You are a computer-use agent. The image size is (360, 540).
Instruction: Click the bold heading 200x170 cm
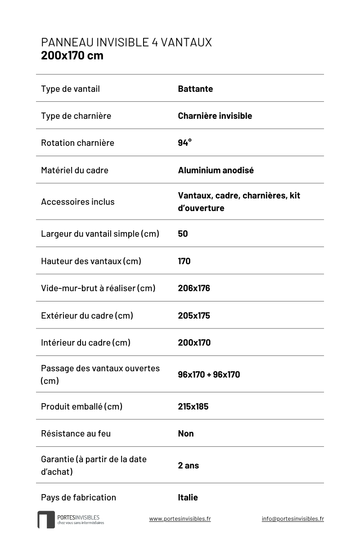pyautogui.click(x=72, y=56)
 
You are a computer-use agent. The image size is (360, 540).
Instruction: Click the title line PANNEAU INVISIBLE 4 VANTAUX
pyautogui.click(x=126, y=42)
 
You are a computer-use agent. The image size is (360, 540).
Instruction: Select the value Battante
pyautogui.click(x=195, y=89)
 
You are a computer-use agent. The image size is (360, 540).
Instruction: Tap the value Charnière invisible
pyautogui.click(x=215, y=116)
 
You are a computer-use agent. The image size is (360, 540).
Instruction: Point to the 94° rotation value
pyautogui.click(x=184, y=143)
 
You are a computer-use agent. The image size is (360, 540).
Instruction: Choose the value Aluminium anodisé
pyautogui.click(x=216, y=170)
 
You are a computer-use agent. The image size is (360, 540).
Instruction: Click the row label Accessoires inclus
pyautogui.click(x=78, y=202)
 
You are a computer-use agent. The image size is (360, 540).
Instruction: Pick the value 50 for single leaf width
pyautogui.click(x=183, y=234)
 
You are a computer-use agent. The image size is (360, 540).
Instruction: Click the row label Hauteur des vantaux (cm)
pyautogui.click(x=91, y=261)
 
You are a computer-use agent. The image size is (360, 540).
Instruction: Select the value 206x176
pyautogui.click(x=194, y=288)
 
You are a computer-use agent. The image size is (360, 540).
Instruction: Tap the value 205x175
pyautogui.click(x=194, y=315)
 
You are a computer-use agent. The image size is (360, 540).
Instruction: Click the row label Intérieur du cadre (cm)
pyautogui.click(x=85, y=342)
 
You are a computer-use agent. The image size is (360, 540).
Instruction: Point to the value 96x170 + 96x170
pyautogui.click(x=209, y=374)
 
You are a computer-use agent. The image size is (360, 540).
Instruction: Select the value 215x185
pyautogui.click(x=193, y=406)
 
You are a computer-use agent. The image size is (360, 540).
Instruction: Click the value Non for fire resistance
pyautogui.click(x=186, y=433)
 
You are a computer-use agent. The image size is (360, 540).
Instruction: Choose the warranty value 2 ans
pyautogui.click(x=188, y=465)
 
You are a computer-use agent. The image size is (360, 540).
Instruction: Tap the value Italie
pyautogui.click(x=188, y=497)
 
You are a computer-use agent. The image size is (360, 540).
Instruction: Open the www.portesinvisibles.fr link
pyautogui.click(x=180, y=518)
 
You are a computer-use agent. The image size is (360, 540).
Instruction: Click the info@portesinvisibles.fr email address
pyautogui.click(x=292, y=518)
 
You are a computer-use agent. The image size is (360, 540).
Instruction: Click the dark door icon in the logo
pyautogui.click(x=46, y=519)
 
